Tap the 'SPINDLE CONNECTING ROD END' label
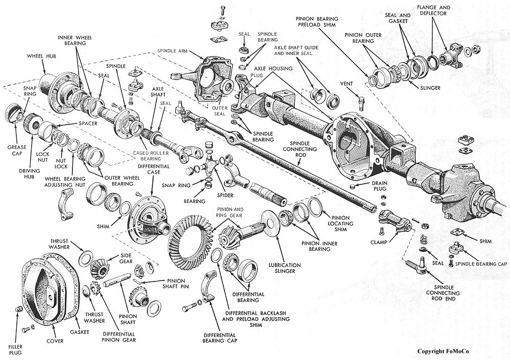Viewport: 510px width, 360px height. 443,293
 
